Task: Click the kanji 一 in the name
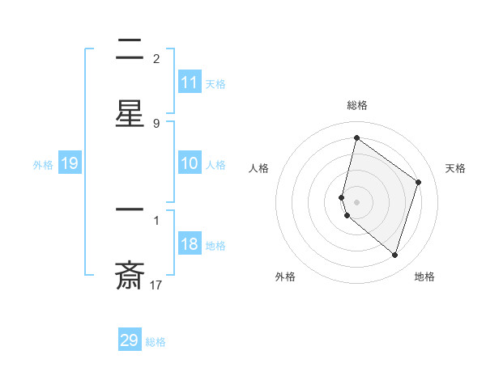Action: pyautogui.click(x=130, y=212)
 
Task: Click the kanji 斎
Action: pyautogui.click(x=130, y=275)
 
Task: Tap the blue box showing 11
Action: pyautogui.click(x=190, y=82)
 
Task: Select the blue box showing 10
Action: pyautogui.click(x=190, y=163)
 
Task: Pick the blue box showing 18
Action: pyautogui.click(x=190, y=245)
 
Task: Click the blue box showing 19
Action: pyautogui.click(x=70, y=163)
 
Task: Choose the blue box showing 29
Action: pyautogui.click(x=130, y=340)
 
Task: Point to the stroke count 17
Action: pyautogui.click(x=156, y=284)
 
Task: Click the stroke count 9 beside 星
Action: pyautogui.click(x=156, y=123)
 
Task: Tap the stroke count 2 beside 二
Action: pyautogui.click(x=156, y=58)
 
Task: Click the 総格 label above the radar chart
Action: pyautogui.click(x=357, y=105)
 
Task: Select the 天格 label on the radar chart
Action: pyautogui.click(x=456, y=168)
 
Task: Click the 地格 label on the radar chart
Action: pyautogui.click(x=424, y=277)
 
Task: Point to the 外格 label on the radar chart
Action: pyautogui.click(x=285, y=277)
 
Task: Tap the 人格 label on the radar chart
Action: pyautogui.click(x=258, y=168)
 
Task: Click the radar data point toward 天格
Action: pyautogui.click(x=419, y=182)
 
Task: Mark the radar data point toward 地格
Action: pyautogui.click(x=394, y=255)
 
